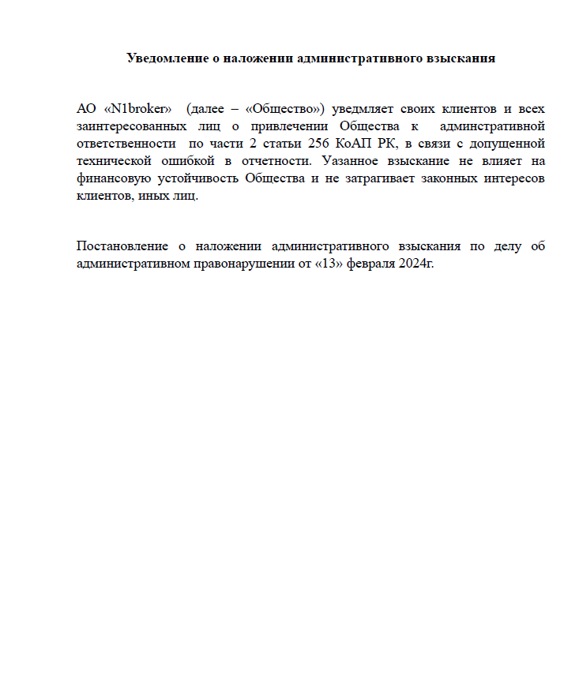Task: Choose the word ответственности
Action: point(126,144)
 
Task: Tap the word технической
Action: point(116,161)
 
